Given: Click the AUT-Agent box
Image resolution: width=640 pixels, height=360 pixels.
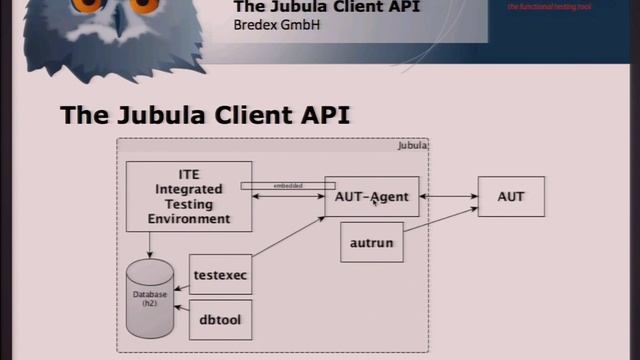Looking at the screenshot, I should [x=371, y=197].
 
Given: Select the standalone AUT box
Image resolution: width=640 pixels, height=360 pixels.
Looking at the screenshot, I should [x=510, y=196].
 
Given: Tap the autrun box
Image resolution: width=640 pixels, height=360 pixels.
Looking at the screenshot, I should [x=371, y=243].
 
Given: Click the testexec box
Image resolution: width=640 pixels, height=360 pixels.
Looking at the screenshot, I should [x=220, y=274].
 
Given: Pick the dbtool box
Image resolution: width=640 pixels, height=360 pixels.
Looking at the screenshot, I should [x=220, y=320].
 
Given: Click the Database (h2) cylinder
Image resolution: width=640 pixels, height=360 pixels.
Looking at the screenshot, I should [x=150, y=298].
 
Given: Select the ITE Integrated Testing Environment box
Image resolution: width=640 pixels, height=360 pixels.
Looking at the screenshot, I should [x=188, y=197].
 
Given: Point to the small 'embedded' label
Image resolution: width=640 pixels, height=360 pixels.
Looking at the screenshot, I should [x=288, y=186].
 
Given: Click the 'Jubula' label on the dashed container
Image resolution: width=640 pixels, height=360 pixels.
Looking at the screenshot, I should [x=412, y=146].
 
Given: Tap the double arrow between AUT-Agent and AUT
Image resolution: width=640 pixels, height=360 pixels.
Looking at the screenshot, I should [x=448, y=197].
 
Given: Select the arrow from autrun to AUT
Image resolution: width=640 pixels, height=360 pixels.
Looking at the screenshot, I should [x=440, y=226].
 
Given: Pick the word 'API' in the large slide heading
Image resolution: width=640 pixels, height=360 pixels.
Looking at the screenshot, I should [x=323, y=114].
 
